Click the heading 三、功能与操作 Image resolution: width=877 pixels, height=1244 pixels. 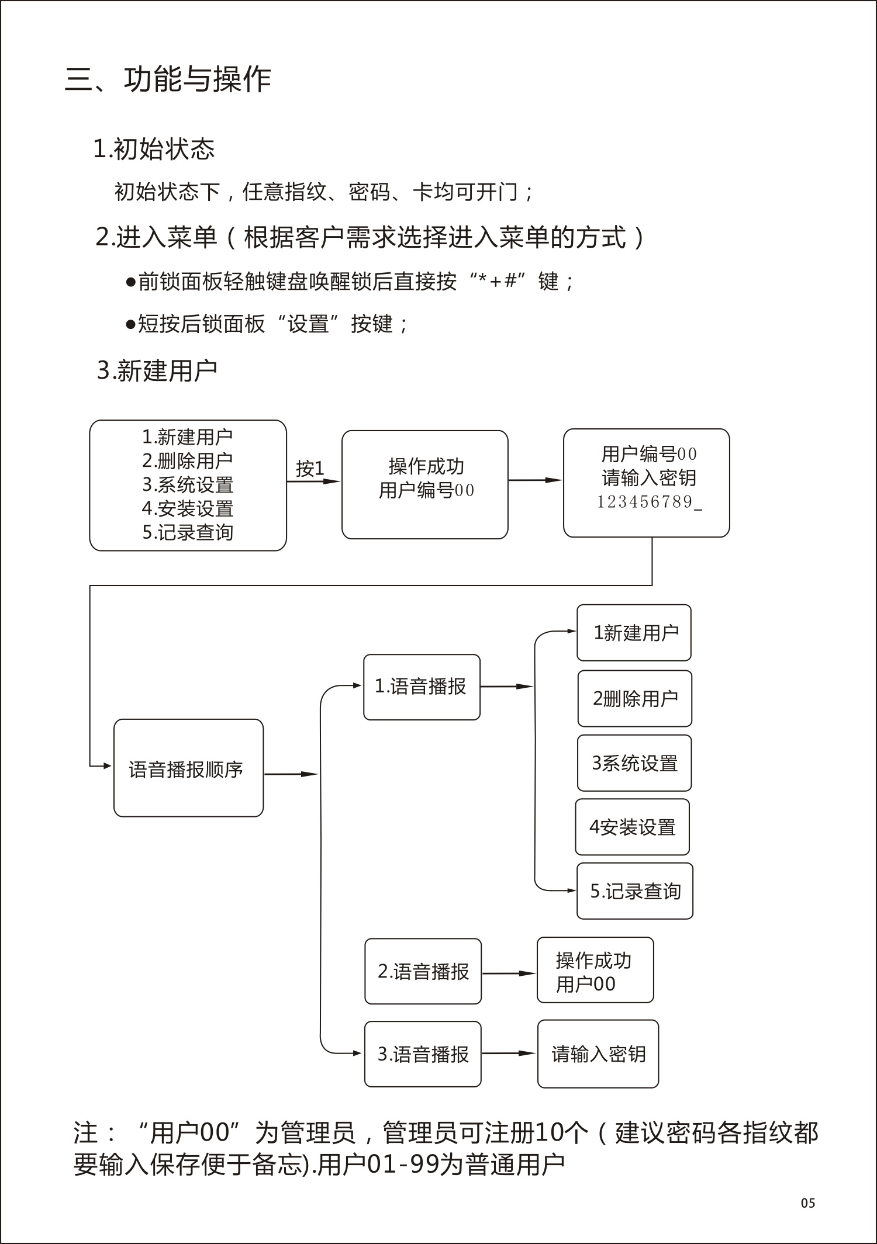tap(168, 79)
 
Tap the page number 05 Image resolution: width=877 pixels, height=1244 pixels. tap(808, 1203)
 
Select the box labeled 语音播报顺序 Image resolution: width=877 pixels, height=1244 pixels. tap(188, 768)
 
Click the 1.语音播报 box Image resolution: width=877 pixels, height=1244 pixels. tap(422, 687)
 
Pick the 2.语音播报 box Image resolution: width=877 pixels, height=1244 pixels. tap(423, 971)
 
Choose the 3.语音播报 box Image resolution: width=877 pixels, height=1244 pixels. tap(423, 1054)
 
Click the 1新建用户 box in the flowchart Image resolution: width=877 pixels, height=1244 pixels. tap(634, 633)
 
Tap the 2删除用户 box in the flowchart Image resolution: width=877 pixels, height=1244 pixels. tap(634, 698)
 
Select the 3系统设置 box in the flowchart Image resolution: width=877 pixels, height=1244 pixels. tap(634, 763)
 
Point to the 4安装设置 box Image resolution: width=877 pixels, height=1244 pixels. tap(632, 827)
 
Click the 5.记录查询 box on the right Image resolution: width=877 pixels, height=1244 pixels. tap(635, 891)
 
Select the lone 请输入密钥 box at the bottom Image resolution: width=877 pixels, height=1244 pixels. tap(598, 1054)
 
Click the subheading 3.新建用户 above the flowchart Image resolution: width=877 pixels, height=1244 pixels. tap(157, 370)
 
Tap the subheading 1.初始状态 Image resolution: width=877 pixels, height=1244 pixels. tap(154, 149)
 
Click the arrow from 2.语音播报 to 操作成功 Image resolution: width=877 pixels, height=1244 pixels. tap(509, 973)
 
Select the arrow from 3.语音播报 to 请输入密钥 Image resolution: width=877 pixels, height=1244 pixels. tap(509, 1054)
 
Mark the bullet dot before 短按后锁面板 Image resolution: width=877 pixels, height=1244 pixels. tap(130, 324)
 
